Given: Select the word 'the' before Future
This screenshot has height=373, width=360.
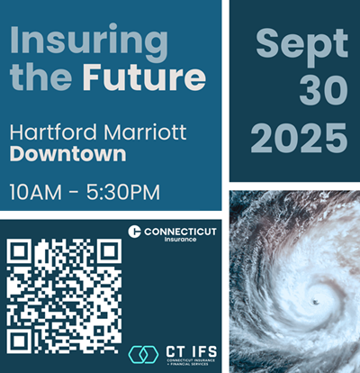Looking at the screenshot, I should tap(40, 78).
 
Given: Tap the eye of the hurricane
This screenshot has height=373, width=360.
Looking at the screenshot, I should tap(313, 300).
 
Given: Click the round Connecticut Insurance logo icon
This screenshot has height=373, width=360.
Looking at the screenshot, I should tap(134, 232).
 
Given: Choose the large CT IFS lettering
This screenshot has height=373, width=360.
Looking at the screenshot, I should tap(190, 349).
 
